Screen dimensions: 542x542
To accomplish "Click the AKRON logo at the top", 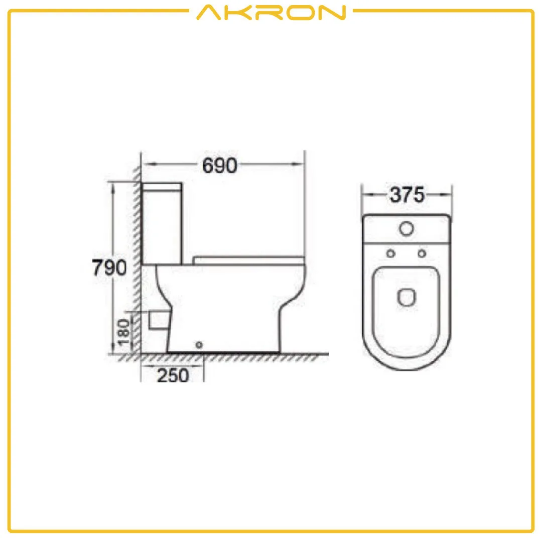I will pyautogui.click(x=271, y=13).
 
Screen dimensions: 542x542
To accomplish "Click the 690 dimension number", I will pyautogui.click(x=219, y=166).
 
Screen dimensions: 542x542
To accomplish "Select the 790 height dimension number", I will pyautogui.click(x=109, y=268).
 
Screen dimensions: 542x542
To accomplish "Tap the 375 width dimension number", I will pyautogui.click(x=407, y=195).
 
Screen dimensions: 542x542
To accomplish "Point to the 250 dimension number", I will pyautogui.click(x=173, y=375).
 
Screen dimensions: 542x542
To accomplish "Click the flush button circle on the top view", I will pyautogui.click(x=406, y=228).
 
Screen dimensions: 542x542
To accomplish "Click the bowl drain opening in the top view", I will pyautogui.click(x=406, y=298).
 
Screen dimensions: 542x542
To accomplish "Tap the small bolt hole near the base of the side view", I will pyautogui.click(x=199, y=345).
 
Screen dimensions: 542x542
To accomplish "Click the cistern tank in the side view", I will pyautogui.click(x=162, y=226).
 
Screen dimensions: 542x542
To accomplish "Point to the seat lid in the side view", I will pyautogui.click(x=249, y=259).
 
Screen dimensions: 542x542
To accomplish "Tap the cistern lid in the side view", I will pyautogui.click(x=162, y=187).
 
